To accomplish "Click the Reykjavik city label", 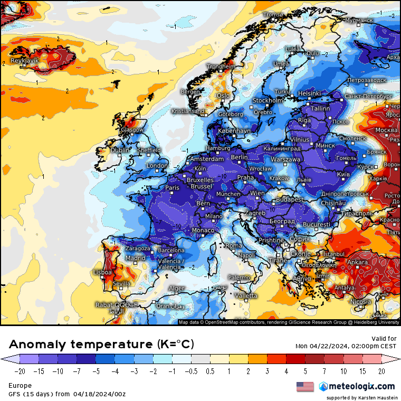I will (x=25, y=61).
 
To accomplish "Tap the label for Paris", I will (x=173, y=187).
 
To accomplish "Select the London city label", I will (x=157, y=166).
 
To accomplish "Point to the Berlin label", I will (x=239, y=157).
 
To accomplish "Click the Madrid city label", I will (x=135, y=258).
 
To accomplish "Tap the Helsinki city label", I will (x=309, y=93).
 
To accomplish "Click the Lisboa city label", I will (x=102, y=272).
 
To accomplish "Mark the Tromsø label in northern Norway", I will (x=273, y=14).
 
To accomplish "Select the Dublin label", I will (x=120, y=150).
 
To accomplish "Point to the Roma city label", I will (x=234, y=245).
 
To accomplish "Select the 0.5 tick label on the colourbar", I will (x=210, y=371).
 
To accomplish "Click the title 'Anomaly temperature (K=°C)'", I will (x=101, y=345).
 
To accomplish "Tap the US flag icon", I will (x=304, y=387).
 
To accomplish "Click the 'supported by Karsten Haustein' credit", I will (x=361, y=397).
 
